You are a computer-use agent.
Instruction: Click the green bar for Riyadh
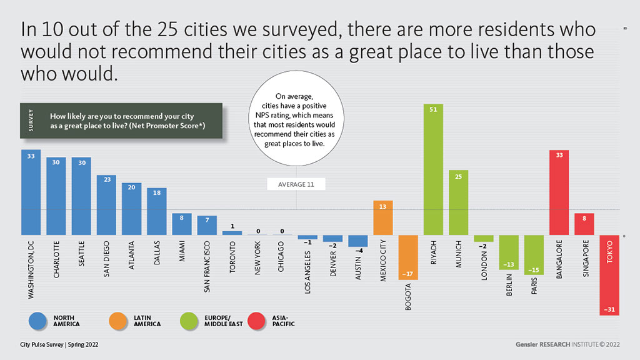(433, 169)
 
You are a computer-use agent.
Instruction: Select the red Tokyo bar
(609, 275)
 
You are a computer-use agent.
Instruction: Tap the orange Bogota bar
(408, 257)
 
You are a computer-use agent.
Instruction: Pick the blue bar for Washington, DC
(31, 192)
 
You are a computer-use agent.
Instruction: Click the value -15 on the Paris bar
(534, 269)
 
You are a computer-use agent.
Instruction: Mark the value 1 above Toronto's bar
(232, 226)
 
